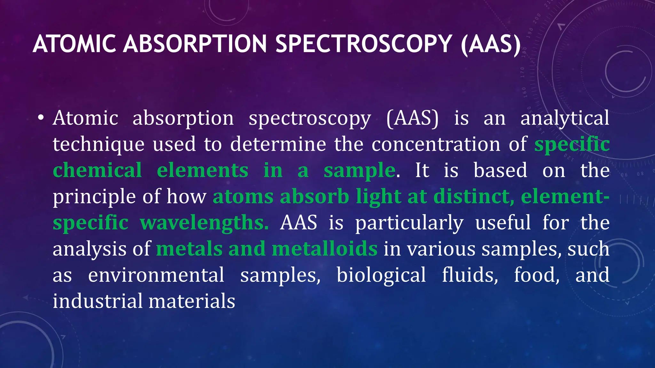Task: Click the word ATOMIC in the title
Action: point(74,44)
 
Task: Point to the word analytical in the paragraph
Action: point(564,118)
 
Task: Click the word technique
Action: point(99,144)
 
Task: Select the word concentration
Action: point(436,144)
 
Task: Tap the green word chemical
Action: point(97,170)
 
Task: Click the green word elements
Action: point(202,170)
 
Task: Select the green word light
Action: point(379,197)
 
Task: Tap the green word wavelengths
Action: point(204,223)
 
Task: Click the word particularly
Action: point(409,223)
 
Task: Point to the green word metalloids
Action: point(325,249)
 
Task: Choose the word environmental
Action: point(156,275)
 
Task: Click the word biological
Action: point(381,275)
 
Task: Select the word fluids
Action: point(470,275)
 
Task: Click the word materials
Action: point(192,301)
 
